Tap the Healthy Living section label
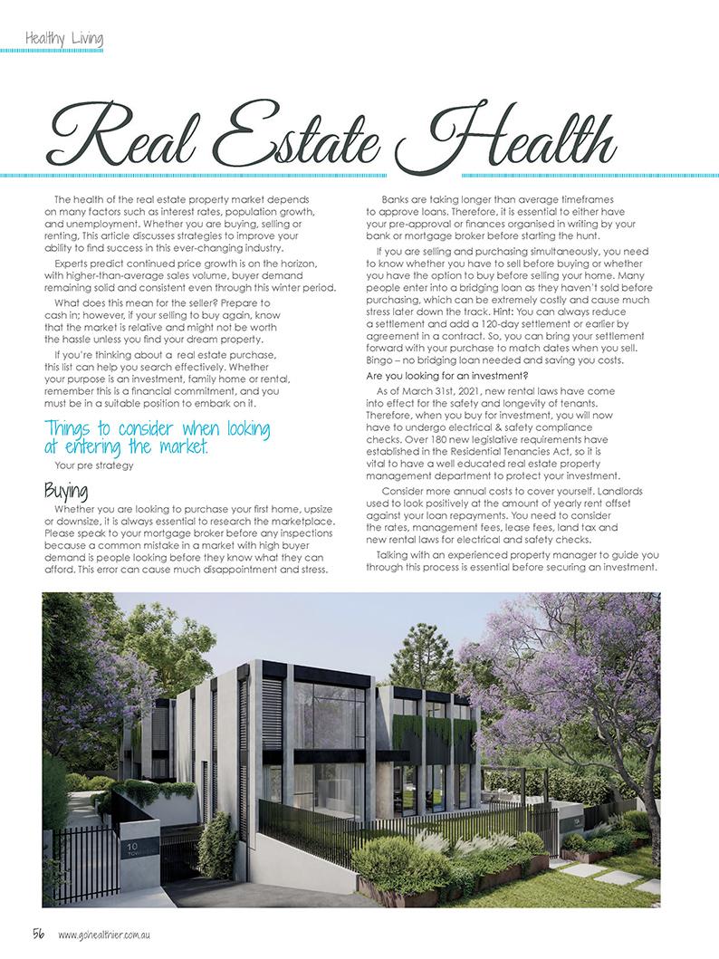point(64,39)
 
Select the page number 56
point(40,933)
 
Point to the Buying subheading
point(66,491)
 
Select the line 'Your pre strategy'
point(94,466)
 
